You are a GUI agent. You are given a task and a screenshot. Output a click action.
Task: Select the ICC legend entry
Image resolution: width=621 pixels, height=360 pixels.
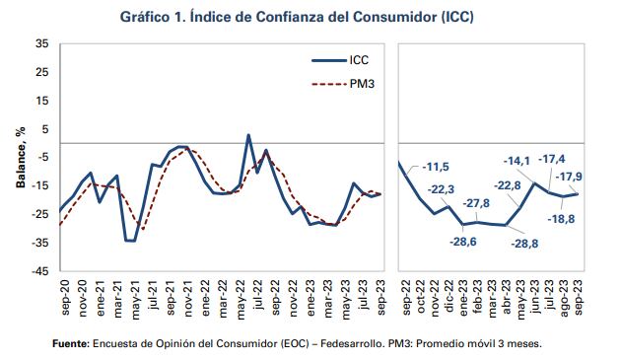click(x=359, y=59)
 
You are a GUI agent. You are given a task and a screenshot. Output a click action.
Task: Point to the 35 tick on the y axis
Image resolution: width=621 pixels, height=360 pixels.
click(x=40, y=44)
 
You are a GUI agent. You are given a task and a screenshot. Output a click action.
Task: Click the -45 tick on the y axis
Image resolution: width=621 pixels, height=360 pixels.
click(x=38, y=271)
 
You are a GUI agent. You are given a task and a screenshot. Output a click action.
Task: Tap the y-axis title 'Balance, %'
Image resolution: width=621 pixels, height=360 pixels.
click(x=19, y=157)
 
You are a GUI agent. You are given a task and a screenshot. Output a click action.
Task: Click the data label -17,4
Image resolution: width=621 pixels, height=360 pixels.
click(x=551, y=159)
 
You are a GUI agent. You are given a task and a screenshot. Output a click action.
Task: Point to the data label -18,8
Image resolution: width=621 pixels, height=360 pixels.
click(x=565, y=218)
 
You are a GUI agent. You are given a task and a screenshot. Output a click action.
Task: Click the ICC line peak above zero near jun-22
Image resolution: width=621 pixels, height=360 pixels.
click(x=247, y=135)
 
